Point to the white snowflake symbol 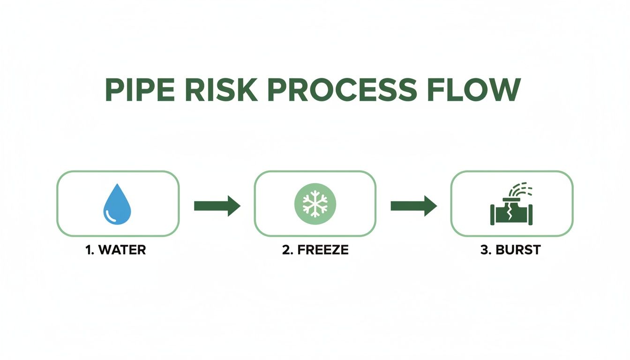(x=315, y=203)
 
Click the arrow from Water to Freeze (x=217, y=205)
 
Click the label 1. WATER (x=116, y=250)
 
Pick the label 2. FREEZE (x=315, y=250)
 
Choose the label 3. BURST (x=510, y=250)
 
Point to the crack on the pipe (x=509, y=215)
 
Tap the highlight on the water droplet (x=112, y=215)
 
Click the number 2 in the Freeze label (x=285, y=250)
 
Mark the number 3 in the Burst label (x=484, y=250)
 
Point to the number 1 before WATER (x=88, y=250)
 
